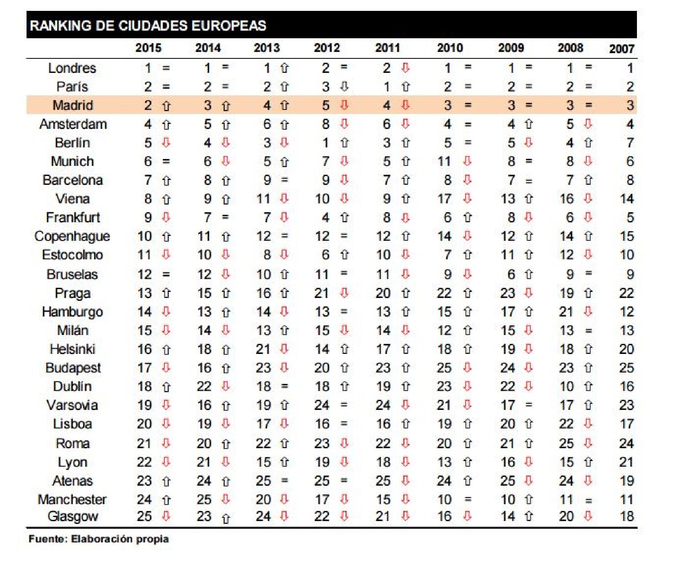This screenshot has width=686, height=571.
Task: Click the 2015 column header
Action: point(148,48)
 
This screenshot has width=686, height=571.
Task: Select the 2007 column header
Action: point(621,49)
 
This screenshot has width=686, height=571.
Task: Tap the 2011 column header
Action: point(387,48)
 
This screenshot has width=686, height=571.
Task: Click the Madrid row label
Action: point(73,106)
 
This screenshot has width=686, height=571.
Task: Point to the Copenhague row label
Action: point(72,236)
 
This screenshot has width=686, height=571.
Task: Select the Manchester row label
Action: point(72,500)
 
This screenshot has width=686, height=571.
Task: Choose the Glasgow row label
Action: point(73,517)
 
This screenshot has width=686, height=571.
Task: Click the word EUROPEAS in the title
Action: point(228,26)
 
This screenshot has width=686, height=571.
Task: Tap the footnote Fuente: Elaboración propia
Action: point(99,539)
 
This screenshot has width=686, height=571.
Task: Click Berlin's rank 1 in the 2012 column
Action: point(325,143)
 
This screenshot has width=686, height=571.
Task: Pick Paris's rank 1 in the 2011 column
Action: point(386,87)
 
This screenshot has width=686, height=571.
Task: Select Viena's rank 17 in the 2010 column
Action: point(444,199)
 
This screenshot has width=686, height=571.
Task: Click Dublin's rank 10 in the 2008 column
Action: point(567,387)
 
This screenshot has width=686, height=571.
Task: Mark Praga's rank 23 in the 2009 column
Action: point(507,293)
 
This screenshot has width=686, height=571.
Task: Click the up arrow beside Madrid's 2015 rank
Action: point(166,106)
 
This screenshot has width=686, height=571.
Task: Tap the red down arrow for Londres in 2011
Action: point(405,68)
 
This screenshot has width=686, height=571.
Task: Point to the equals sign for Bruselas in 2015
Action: point(166,275)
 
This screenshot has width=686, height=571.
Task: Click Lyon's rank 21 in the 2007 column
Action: point(626,462)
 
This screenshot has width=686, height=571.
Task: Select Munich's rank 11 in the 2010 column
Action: point(444,161)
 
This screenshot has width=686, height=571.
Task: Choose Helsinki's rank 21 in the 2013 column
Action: point(263,349)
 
